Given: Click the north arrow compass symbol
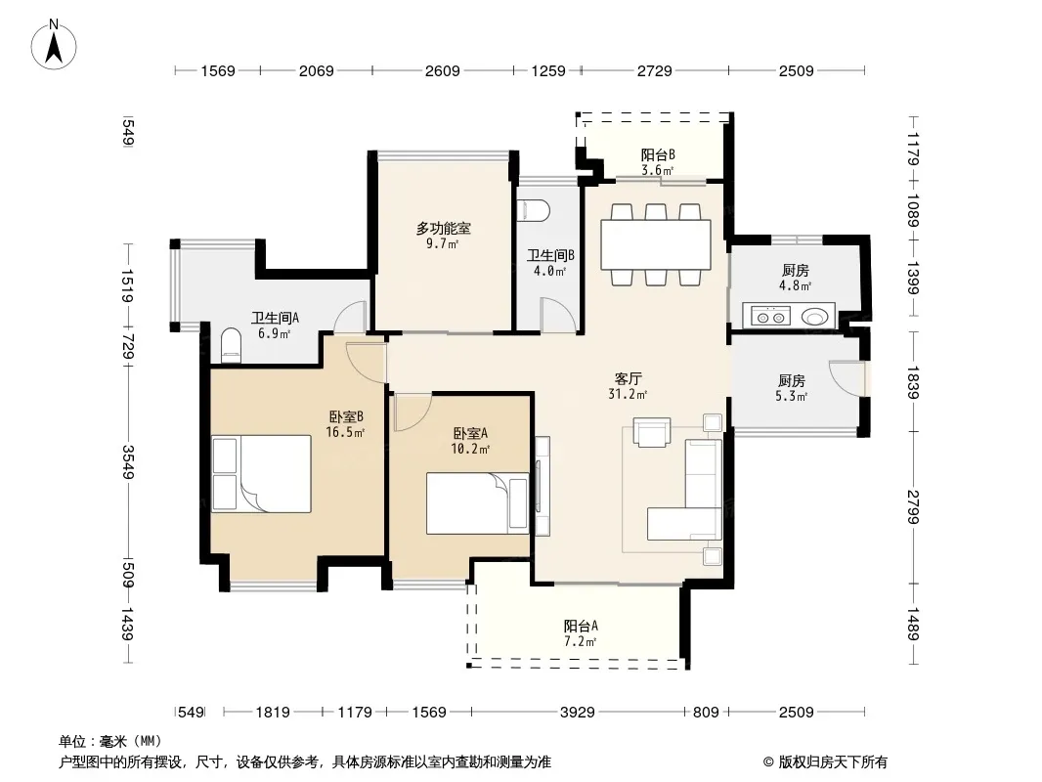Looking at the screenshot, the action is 54,44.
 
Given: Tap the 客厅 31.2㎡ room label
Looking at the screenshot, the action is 628,386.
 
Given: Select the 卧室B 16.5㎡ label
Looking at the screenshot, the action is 345,424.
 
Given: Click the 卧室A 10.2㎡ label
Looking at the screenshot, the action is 470,441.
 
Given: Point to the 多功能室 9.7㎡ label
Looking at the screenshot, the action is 443,236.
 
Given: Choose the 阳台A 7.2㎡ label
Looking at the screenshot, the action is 581,633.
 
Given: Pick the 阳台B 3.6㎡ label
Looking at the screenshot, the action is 657,162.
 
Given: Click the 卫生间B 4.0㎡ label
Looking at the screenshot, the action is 550,262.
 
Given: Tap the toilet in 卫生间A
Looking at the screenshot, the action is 231,344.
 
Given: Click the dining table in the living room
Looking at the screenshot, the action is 655,244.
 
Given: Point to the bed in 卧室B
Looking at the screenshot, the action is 261,474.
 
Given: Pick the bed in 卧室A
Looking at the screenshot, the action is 478,503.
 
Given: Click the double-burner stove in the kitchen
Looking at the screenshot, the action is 770,317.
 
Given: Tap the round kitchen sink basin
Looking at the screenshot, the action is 814,317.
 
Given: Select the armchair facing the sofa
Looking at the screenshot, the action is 652,432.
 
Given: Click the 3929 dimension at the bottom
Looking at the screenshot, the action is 577,713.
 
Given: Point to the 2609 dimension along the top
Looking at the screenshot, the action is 442,71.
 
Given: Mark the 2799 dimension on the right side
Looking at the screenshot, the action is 914,507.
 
